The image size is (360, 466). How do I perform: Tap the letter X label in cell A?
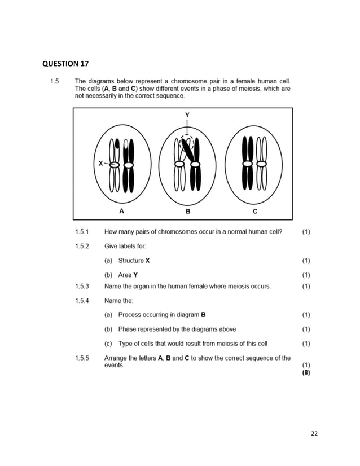[100, 163]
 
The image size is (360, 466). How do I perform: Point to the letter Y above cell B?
[187, 115]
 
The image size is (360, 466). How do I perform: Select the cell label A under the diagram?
[121, 212]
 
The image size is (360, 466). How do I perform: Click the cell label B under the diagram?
[188, 212]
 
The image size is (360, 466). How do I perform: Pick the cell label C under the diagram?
[255, 212]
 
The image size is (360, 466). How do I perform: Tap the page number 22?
[314, 433]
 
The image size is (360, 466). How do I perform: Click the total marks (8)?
[306, 372]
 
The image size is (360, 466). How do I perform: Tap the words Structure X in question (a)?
[134, 261]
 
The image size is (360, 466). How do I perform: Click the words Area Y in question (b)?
[128, 275]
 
